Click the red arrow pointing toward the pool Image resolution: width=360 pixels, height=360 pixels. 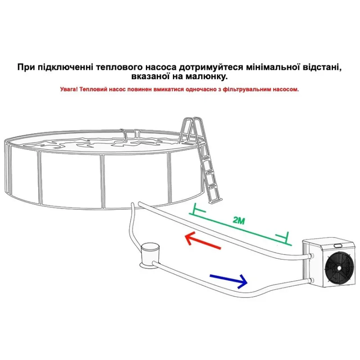click(202, 242)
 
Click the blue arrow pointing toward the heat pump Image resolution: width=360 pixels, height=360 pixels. click(229, 280)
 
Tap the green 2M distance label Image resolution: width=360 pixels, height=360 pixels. click(239, 220)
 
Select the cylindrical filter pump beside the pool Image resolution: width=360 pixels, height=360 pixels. click(150, 255)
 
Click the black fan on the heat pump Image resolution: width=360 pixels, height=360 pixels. click(339, 268)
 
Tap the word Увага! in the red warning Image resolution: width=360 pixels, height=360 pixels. click(69, 89)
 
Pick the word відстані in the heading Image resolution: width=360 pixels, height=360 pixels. click(322, 67)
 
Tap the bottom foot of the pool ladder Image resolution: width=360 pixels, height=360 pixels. click(216, 201)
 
